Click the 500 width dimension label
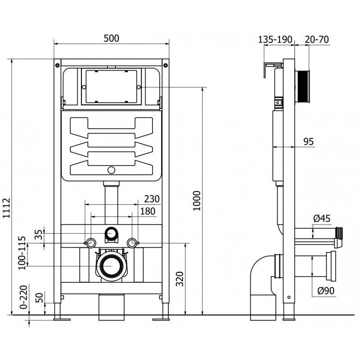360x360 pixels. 111,39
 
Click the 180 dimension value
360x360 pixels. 148,211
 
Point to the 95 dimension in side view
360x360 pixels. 308,142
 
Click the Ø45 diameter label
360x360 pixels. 322,219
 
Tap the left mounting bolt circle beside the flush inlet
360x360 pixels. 90,243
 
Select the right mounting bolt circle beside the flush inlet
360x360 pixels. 132,243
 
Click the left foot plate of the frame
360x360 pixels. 62,319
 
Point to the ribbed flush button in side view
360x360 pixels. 303,86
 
